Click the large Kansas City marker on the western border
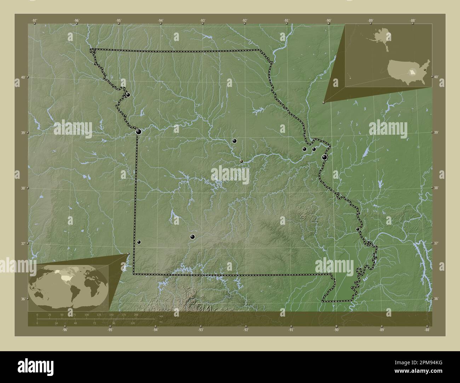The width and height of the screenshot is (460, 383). point(139,132)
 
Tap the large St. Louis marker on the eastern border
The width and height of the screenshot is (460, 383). point(324,158)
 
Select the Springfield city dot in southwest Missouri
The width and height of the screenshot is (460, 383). point(192,237)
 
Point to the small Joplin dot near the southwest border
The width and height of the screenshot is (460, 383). point(139,242)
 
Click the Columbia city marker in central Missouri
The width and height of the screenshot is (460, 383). point(234,141)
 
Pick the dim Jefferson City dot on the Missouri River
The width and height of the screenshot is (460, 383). point(241,161)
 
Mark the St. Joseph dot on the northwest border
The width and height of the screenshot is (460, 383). point(128,95)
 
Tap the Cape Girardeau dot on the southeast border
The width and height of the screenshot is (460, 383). point(357,229)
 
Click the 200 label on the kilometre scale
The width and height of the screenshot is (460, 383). point(136,314)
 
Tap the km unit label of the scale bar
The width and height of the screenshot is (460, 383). point(161,316)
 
